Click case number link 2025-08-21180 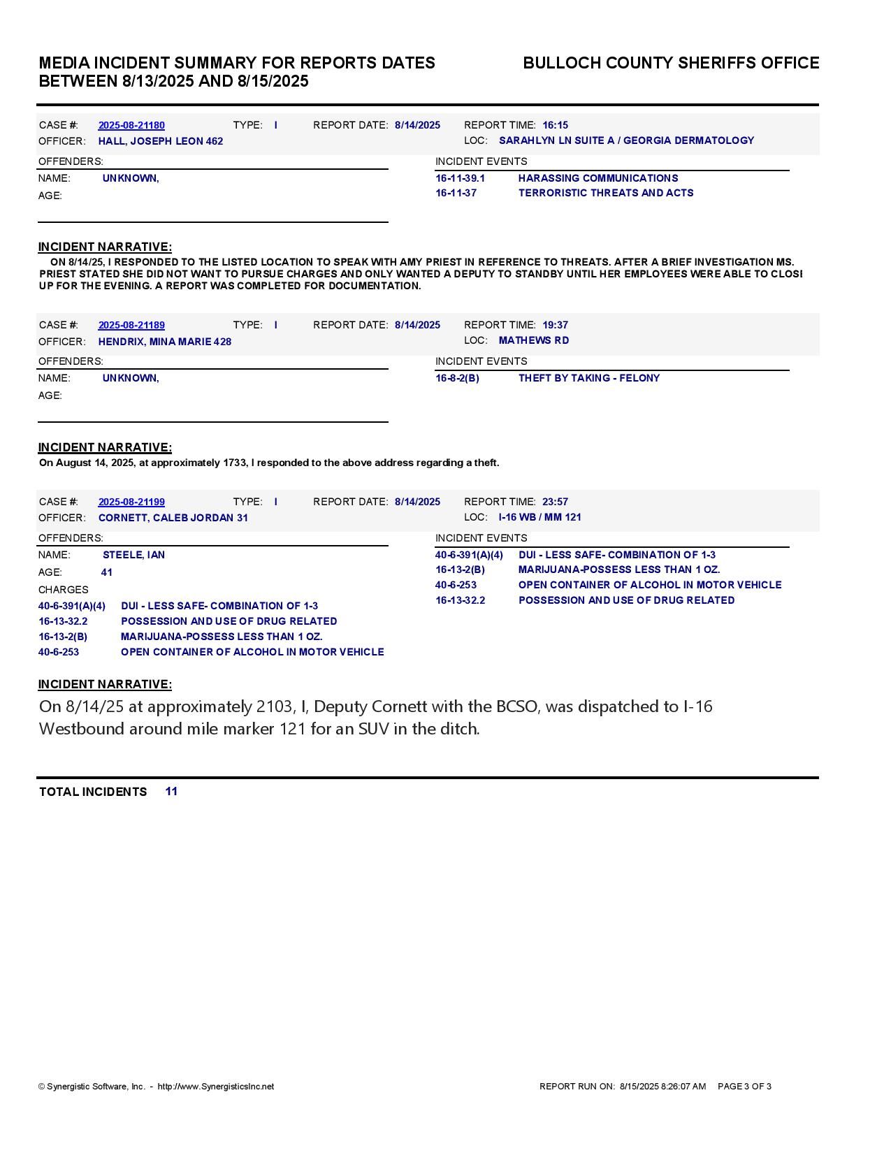coord(131,126)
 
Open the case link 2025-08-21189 coord(131,326)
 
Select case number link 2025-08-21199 coord(131,502)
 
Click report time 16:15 coord(555,126)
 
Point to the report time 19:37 coord(555,326)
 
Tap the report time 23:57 coord(555,502)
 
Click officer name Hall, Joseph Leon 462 coord(161,142)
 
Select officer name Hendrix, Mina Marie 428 coord(165,342)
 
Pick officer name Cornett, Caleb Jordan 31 coord(173,519)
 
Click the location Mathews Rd coord(534,341)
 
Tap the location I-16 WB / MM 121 coord(540,518)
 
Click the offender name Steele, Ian coord(133,556)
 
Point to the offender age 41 coord(107,573)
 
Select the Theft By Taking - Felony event coord(589,379)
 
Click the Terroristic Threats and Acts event coord(606,194)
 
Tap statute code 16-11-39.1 coord(460,179)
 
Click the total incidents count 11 coord(171,792)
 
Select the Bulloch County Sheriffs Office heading coord(671,64)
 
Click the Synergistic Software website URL coord(216,1087)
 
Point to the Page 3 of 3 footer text coord(744,1087)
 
